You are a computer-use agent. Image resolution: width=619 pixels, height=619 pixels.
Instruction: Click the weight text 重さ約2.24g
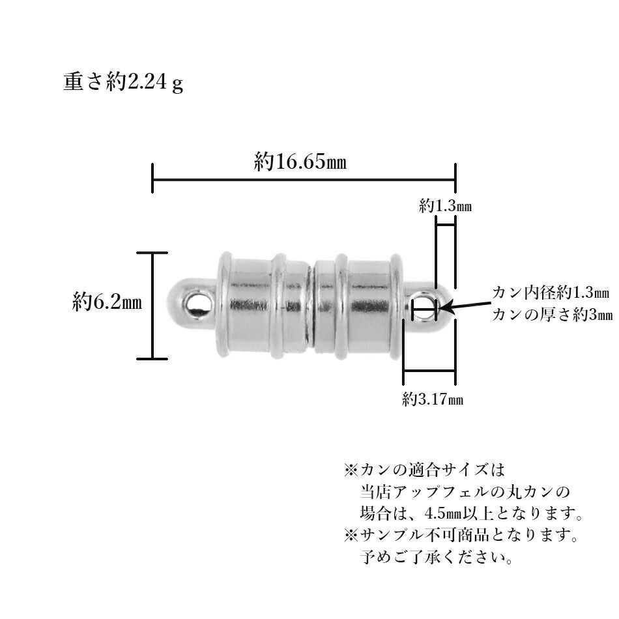tap(122, 83)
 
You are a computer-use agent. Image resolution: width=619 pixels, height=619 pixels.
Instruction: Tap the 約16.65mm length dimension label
tap(300, 162)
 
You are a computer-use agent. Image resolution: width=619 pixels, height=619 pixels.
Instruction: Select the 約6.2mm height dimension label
tap(107, 302)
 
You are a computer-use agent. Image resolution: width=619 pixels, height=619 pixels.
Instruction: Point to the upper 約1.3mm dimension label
tap(445, 207)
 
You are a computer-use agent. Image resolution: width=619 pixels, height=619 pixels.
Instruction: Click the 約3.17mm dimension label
tap(432, 399)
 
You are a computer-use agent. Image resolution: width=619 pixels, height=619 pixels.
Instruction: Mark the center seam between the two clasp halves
tap(311, 305)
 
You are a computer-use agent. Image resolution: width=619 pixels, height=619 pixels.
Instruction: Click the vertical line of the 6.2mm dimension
tap(152, 305)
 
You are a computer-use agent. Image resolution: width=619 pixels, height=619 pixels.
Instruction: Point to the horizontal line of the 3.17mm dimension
tap(429, 372)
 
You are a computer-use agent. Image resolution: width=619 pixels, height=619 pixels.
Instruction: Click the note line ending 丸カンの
tap(465, 491)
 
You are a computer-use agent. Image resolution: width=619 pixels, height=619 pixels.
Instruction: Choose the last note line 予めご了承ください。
tap(436, 558)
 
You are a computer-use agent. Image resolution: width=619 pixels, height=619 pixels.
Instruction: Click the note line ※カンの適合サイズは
tap(424, 468)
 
